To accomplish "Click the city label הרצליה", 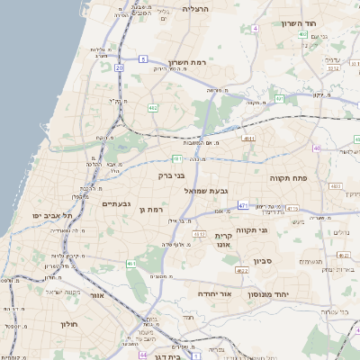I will pos(194,8).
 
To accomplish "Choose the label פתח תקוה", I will pos(288,178).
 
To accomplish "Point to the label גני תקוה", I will pos(256,229).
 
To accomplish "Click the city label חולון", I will pos(70,323).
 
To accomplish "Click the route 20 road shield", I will pos(119,67).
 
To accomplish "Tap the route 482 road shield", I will pos(153,108).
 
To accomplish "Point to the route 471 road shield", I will pos(243,205).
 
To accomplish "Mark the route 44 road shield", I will pos(142,355).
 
